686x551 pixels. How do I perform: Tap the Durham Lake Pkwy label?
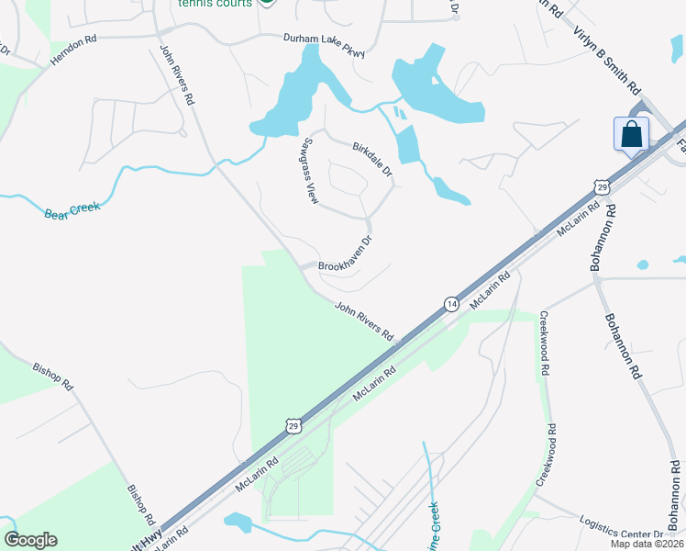324,40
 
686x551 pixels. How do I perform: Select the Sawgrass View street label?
304,170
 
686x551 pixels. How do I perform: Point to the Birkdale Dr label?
372,158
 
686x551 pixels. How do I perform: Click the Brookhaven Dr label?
345,256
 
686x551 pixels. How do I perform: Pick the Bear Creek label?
72,209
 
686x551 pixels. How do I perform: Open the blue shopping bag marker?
631,134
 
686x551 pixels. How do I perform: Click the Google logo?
30,540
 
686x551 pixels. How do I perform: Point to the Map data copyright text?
647,544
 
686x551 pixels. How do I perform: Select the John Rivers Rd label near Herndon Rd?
178,73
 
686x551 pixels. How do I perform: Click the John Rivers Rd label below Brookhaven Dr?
363,320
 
